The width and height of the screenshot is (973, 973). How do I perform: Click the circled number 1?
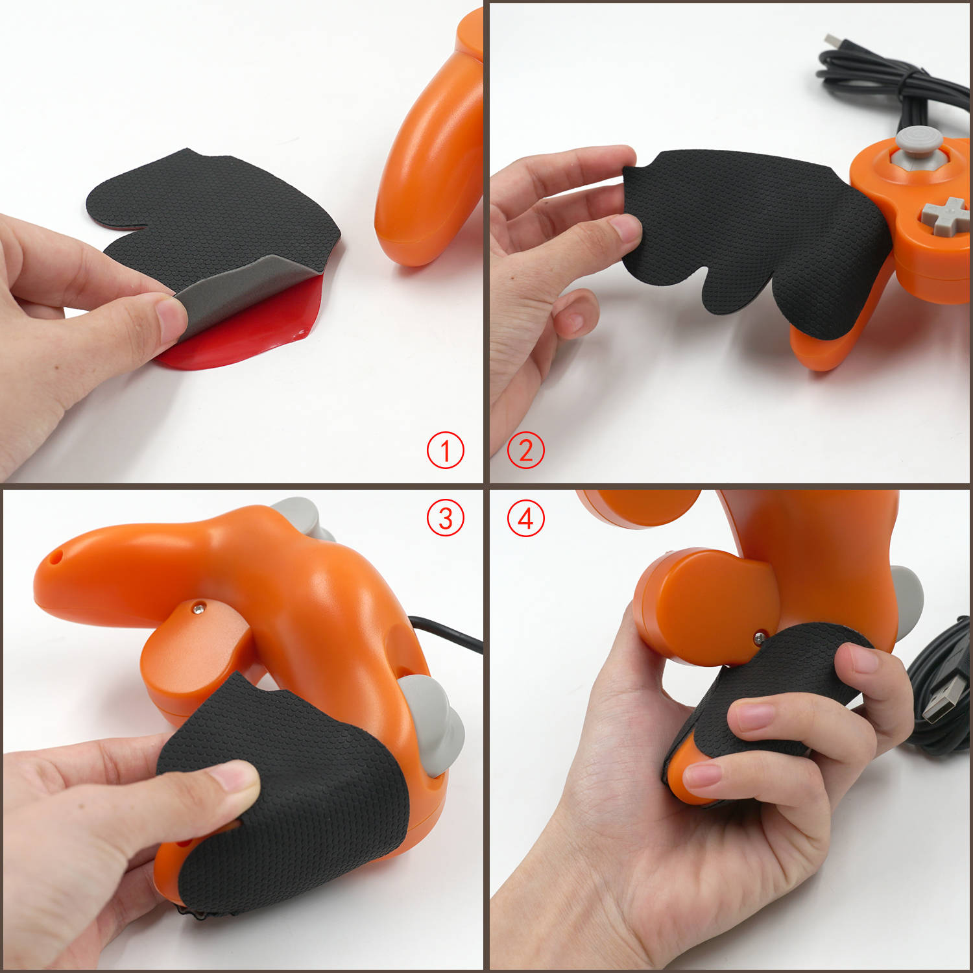tap(445, 450)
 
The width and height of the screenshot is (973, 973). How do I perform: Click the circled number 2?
tap(525, 450)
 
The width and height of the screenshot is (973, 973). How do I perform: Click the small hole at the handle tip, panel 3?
tap(58, 556)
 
